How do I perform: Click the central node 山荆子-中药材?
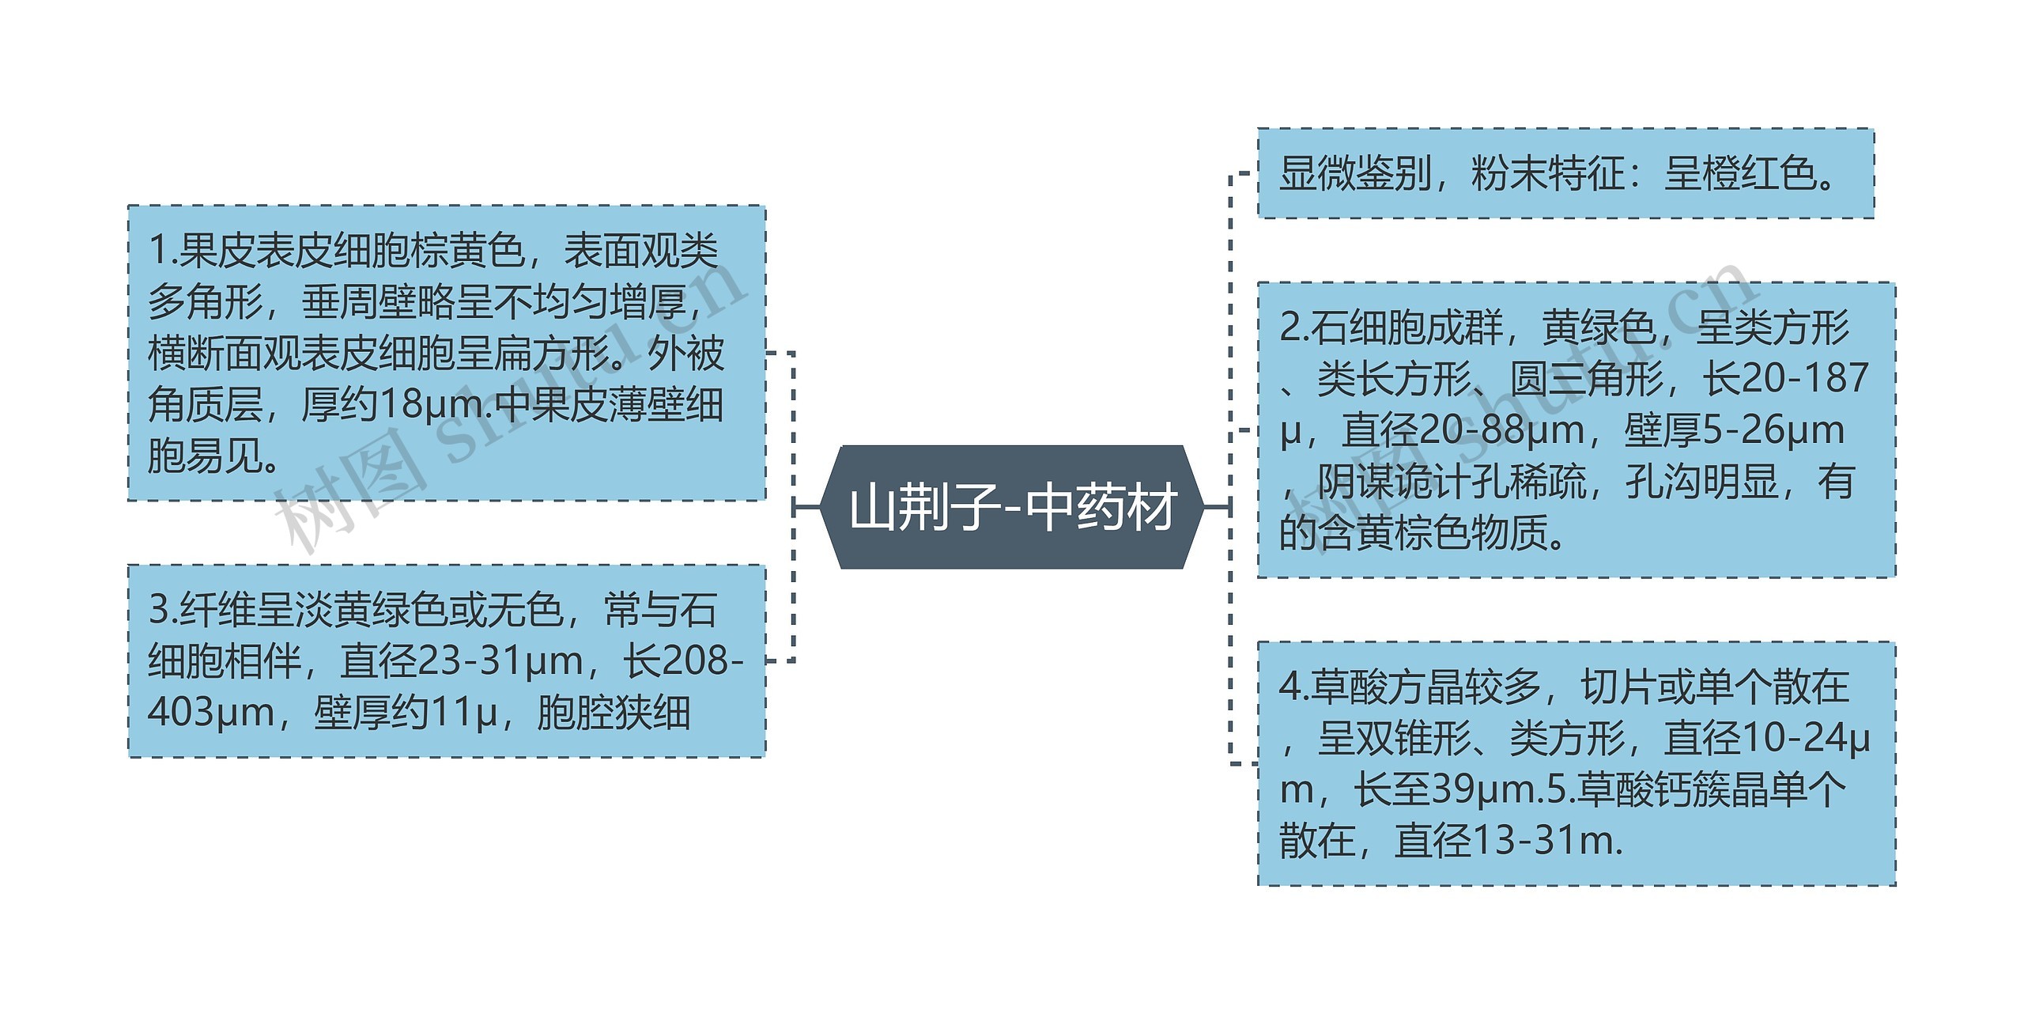[x=1012, y=507]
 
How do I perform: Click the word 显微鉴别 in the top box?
[x=1355, y=173]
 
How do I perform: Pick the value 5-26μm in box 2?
[x=1774, y=430]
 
